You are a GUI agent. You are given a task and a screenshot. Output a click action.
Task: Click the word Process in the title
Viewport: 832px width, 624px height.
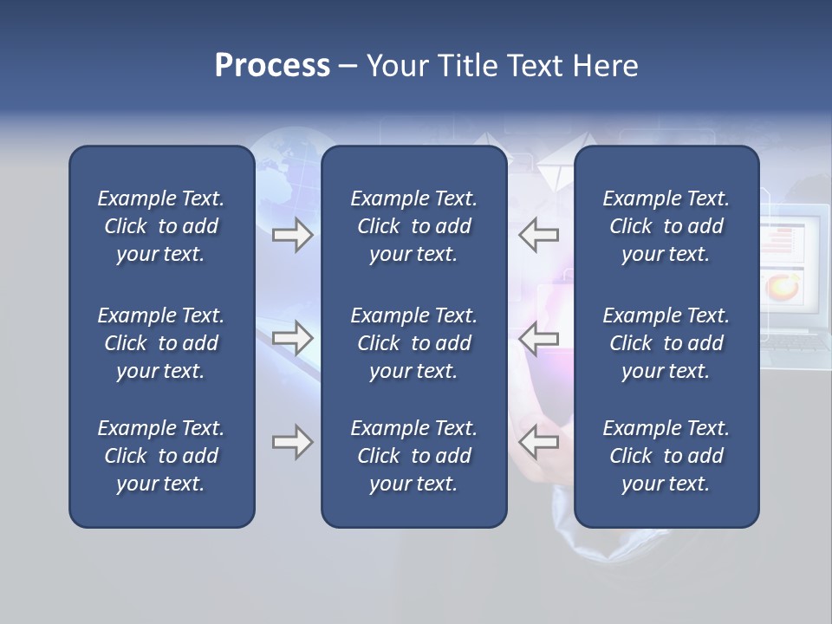click(272, 66)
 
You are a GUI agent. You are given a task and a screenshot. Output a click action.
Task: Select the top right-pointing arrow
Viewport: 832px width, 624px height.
click(292, 235)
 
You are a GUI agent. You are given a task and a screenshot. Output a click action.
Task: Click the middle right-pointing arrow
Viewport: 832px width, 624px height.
click(292, 338)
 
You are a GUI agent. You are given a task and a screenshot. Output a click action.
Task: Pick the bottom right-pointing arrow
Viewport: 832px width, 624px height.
click(292, 442)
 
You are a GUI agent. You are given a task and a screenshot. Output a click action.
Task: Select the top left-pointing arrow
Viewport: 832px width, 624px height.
click(539, 235)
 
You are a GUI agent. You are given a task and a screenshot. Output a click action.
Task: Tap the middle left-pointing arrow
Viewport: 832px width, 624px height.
click(539, 338)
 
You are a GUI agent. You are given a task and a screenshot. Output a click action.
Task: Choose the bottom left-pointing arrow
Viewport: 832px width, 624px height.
click(539, 442)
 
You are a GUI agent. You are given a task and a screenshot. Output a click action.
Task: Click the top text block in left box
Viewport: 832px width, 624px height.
click(161, 226)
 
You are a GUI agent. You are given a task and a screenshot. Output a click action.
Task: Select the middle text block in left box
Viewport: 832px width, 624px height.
click(161, 343)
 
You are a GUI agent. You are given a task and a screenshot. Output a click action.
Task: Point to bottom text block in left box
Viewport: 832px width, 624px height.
click(161, 456)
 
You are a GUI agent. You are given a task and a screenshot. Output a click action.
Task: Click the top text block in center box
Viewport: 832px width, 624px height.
click(413, 226)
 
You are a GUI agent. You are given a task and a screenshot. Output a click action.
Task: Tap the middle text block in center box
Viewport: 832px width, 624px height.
click(413, 343)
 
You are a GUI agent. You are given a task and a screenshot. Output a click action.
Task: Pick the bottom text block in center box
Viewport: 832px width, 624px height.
click(413, 456)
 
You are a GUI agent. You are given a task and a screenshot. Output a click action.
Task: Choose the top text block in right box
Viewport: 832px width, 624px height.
click(666, 226)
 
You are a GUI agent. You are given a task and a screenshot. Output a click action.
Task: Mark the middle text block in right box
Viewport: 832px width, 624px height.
click(666, 343)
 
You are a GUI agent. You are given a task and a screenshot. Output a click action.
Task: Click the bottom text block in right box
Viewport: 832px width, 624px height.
click(666, 456)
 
